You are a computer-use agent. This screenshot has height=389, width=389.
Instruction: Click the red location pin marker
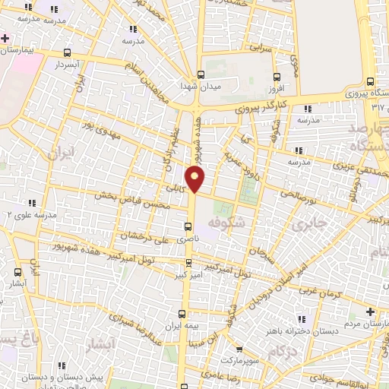pyautogui.click(x=196, y=179)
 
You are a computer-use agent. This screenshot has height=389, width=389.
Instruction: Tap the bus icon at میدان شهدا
pyautogui.click(x=201, y=74)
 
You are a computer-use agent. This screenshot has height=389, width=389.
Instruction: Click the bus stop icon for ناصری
pyautogui.click(x=188, y=226)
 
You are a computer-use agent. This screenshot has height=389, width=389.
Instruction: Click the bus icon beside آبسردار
pyautogui.click(x=68, y=53)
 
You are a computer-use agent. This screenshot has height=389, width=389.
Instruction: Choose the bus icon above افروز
pyautogui.click(x=276, y=77)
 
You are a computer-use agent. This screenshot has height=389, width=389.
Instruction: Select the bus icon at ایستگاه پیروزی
pyautogui.click(x=370, y=81)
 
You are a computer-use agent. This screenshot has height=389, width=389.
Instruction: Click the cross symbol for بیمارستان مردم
pyautogui.click(x=370, y=312)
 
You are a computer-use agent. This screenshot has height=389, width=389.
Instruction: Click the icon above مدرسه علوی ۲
pyautogui.click(x=32, y=203)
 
